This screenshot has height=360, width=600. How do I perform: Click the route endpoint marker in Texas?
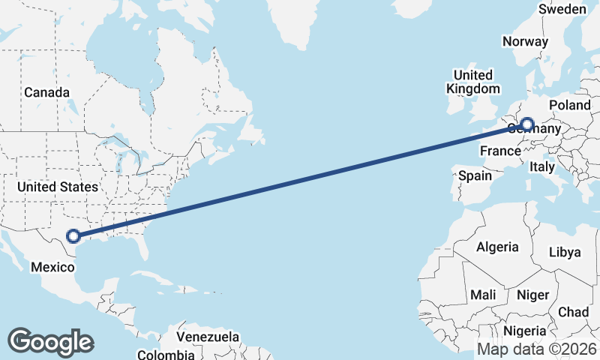tap(73, 236)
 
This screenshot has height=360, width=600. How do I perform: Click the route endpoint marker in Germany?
tap(526, 124)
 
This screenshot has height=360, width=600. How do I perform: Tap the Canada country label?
tap(46, 92)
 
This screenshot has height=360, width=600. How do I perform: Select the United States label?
tap(58, 187)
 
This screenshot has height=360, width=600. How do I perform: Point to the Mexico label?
tap(51, 266)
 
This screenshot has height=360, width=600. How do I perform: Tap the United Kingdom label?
tap(472, 82)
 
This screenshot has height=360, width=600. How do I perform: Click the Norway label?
tap(526, 42)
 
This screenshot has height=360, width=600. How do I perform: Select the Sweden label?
tap(562, 9)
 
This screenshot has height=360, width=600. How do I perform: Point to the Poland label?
tap(570, 105)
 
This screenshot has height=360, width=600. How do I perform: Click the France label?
tap(499, 150)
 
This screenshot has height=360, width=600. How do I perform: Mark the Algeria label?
tap(497, 247)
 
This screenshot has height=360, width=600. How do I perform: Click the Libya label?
tap(565, 251)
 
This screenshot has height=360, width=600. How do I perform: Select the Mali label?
tap(484, 295)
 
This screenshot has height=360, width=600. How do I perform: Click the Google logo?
tap(50, 341)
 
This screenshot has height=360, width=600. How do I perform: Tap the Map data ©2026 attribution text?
tap(537, 349)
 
